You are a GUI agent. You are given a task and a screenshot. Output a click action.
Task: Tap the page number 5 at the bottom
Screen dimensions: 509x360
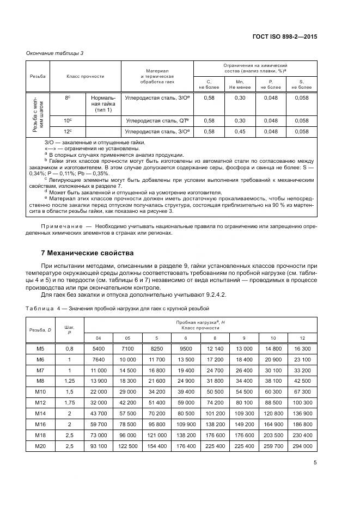(x=315, y=463)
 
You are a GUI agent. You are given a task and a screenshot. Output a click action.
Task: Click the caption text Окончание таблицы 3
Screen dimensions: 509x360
(x=55, y=53)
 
